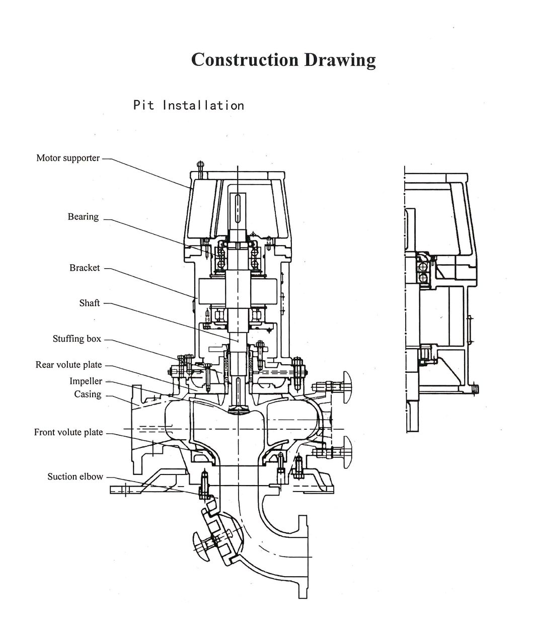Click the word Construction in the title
pyautogui.click(x=245, y=59)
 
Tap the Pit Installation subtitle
pyautogui.click(x=188, y=105)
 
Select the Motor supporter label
pyautogui.click(x=68, y=158)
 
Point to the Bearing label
pyautogui.click(x=83, y=217)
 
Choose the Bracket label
pyautogui.click(x=85, y=268)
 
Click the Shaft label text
pyautogui.click(x=90, y=303)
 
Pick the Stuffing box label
pyautogui.click(x=77, y=339)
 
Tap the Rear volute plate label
pyautogui.click(x=68, y=365)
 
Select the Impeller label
pyautogui.click(x=86, y=381)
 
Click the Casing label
pyautogui.click(x=88, y=394)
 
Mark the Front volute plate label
pyautogui.click(x=68, y=432)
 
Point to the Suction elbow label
pyautogui.click(x=75, y=476)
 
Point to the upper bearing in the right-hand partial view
pyautogui.click(x=422, y=270)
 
